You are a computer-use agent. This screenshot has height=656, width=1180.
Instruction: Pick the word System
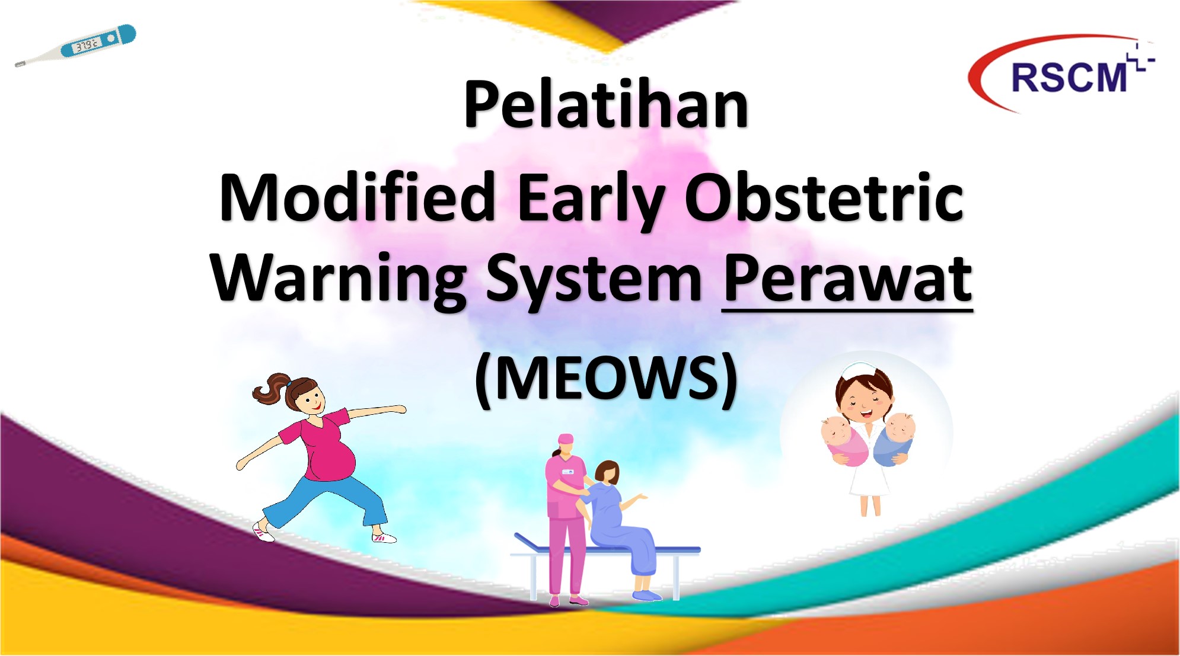(594, 280)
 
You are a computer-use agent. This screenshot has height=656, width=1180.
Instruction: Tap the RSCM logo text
(1068, 77)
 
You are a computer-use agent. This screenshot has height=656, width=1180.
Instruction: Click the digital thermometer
(75, 46)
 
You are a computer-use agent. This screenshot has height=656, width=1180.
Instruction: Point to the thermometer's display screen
(87, 45)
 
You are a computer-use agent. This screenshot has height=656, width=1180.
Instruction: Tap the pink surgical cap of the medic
(566, 439)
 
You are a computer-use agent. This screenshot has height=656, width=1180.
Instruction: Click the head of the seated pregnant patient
(607, 472)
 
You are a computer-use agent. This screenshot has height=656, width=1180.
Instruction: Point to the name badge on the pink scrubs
(567, 472)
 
